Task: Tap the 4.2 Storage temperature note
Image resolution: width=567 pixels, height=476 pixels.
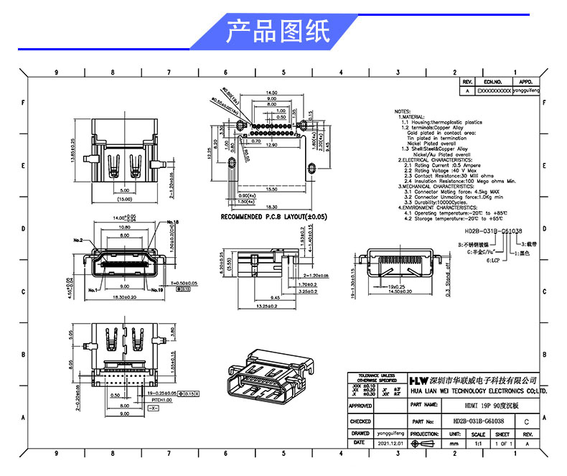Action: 451,218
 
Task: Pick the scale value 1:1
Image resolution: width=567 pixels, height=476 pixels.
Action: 477,444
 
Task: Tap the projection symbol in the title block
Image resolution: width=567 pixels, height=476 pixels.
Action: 426,444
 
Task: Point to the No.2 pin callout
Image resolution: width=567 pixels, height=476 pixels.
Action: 78,240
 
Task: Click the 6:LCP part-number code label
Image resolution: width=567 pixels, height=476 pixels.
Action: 495,261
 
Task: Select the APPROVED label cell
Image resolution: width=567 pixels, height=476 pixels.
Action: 360,406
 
